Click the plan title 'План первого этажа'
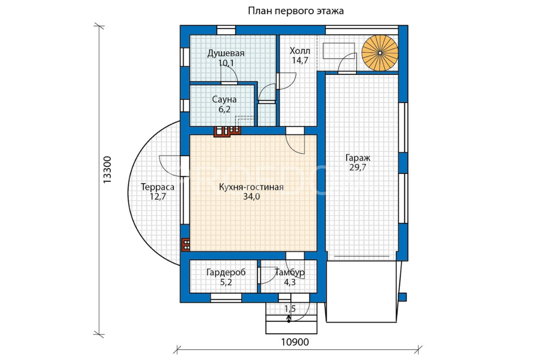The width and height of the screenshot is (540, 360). (296, 11)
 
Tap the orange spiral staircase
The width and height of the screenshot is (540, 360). (380, 53)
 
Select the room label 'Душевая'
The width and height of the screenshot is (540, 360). (226, 54)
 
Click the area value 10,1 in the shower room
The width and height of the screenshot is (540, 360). (226, 63)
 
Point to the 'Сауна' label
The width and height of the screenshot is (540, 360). (224, 99)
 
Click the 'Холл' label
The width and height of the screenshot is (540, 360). (300, 51)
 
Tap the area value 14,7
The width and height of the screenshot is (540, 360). (300, 60)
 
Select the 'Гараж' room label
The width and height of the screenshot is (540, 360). (358, 158)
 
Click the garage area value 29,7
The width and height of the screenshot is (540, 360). (358, 167)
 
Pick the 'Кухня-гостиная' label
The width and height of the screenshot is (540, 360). (251, 187)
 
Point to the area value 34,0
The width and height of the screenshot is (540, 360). (252, 197)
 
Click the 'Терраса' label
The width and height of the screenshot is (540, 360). (157, 187)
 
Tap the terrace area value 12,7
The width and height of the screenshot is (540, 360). (158, 197)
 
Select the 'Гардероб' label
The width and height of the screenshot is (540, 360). (226, 272)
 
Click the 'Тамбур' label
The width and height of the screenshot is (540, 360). (290, 272)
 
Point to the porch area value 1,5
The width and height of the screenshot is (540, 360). (290, 309)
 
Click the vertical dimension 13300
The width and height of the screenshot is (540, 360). (107, 170)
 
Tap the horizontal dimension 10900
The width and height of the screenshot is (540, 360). (295, 342)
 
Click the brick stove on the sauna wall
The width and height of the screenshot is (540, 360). (227, 131)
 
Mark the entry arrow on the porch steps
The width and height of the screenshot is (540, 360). (288, 319)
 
